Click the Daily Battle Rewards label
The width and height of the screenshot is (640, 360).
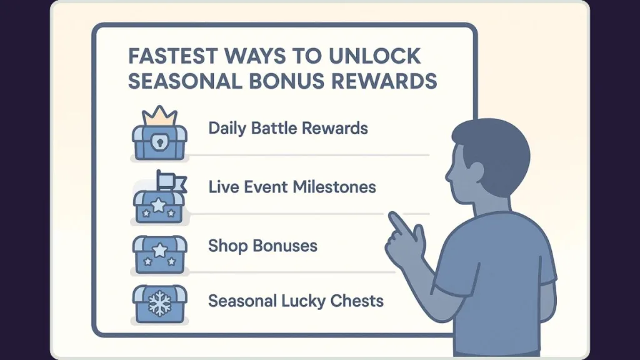[287, 129]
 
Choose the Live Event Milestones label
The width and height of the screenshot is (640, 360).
[292, 187]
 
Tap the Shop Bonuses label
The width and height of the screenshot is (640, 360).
[262, 246]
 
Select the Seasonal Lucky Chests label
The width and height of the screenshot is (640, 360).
[296, 301]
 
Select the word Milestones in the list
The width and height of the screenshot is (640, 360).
[337, 187]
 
